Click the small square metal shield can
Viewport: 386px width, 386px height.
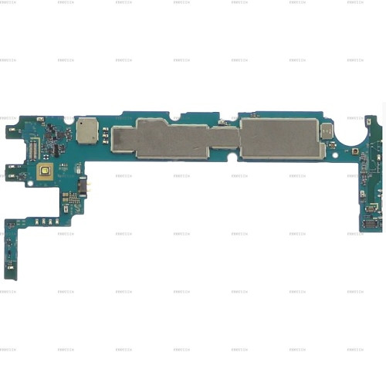click(87, 131)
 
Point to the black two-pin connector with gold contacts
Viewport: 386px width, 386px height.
click(83, 186)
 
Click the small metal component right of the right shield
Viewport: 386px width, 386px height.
click(327, 132)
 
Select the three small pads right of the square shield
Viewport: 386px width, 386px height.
click(108, 133)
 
